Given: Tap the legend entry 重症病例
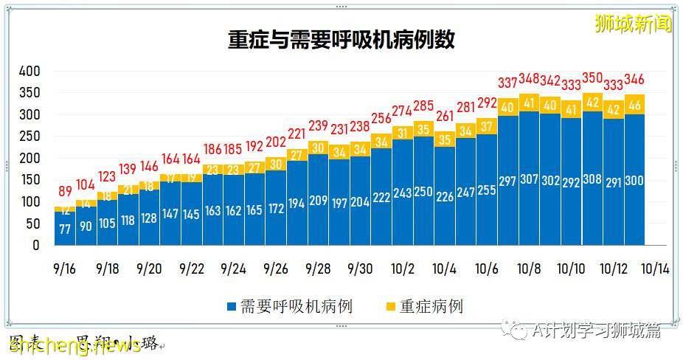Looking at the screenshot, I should click(x=423, y=306).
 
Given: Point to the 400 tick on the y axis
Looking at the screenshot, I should click(x=29, y=72).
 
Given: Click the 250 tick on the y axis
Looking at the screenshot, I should click(x=29, y=136).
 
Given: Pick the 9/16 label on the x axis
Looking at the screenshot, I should click(x=65, y=269).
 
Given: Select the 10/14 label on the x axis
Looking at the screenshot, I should click(x=654, y=269).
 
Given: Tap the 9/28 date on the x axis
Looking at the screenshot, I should click(x=318, y=269).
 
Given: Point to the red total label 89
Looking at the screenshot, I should click(x=65, y=190).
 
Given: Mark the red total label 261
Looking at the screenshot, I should click(x=445, y=116).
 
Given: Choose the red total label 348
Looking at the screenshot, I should click(x=529, y=78).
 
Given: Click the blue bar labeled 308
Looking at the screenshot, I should click(x=592, y=180).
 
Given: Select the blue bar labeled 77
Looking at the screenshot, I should click(x=65, y=228).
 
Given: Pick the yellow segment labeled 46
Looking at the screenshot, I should click(x=634, y=105).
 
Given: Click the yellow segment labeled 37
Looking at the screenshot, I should click(x=487, y=126).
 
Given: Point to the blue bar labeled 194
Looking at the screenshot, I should click(x=297, y=203).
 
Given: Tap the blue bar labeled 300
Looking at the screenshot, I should click(x=634, y=181).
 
